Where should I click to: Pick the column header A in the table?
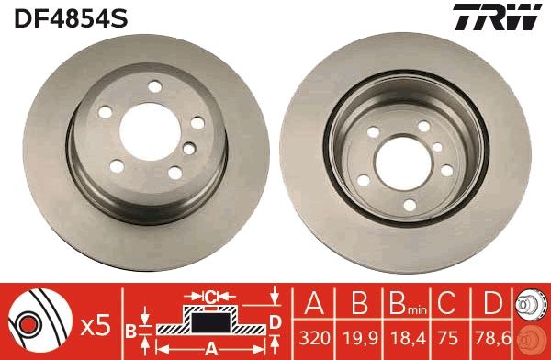coord(315,304)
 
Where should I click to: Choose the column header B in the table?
coord(360,304)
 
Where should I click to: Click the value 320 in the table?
coord(315,339)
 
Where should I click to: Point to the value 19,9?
coord(360,339)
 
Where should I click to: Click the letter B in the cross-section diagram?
coord(130,328)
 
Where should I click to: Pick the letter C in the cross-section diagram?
coord(209,296)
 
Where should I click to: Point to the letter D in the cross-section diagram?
coord(275,320)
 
